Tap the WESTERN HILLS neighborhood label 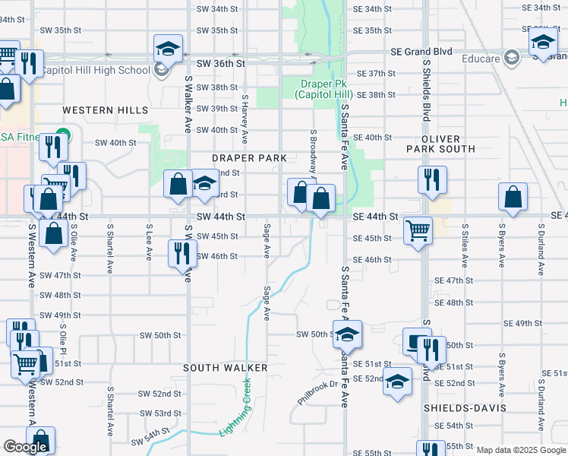[x=106, y=110]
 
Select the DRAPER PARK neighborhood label [x=249, y=158]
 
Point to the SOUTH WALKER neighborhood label [x=226, y=368]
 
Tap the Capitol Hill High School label [x=94, y=71]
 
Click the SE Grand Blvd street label [x=421, y=52]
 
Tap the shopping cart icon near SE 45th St [x=418, y=230]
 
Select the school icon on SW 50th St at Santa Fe [x=346, y=334]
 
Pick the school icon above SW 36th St [x=168, y=49]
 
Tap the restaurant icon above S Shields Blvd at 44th [x=431, y=179]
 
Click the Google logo [x=25, y=447]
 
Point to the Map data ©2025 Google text [x=521, y=450]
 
